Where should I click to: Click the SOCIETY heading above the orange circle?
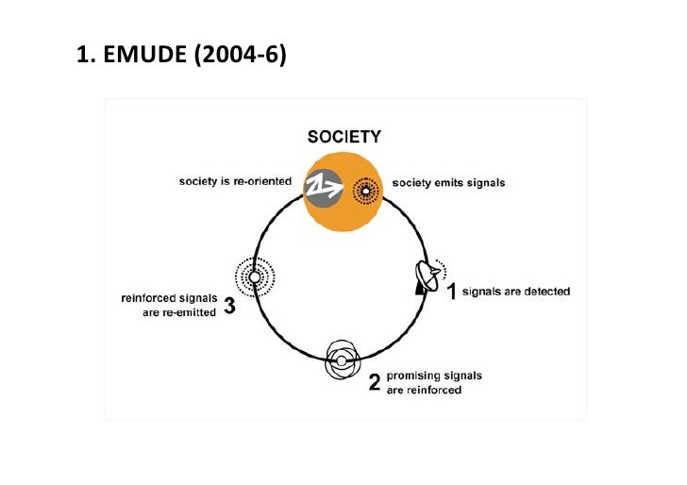coord(344,137)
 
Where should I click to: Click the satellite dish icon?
coord(428,279)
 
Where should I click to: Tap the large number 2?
coord(374,383)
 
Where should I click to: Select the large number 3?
coord(229,306)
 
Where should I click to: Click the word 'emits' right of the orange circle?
coord(447,183)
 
